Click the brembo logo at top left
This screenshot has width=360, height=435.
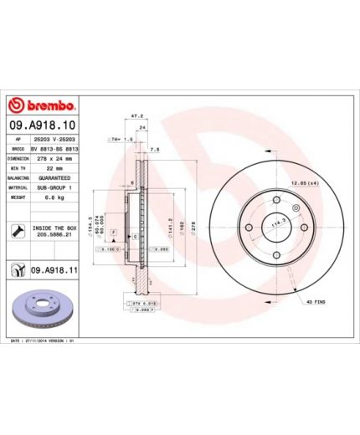42,106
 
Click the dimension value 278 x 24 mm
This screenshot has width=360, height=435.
56,157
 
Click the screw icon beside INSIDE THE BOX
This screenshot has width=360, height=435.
17,230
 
